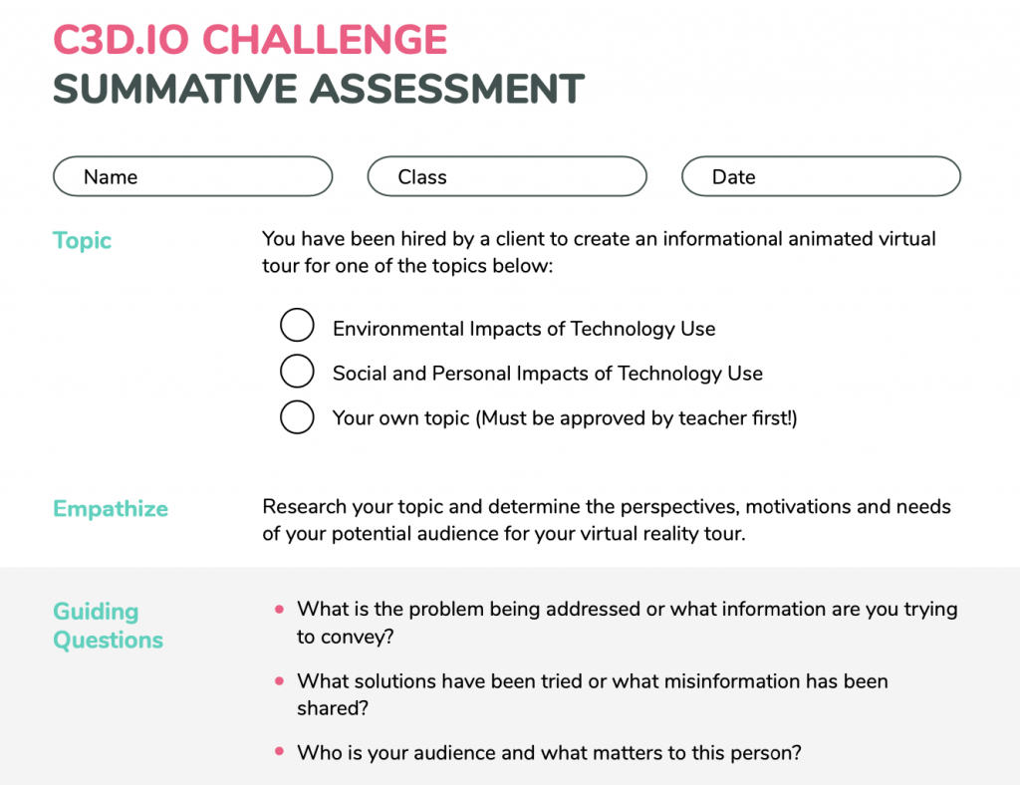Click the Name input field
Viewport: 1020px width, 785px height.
[192, 176]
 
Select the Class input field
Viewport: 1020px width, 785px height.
[507, 176]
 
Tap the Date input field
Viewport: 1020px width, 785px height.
[821, 176]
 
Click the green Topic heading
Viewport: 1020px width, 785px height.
[82, 241]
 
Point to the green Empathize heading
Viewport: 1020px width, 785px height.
[111, 509]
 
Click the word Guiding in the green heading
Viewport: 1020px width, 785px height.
[96, 612]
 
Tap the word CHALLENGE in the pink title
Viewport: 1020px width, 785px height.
[326, 39]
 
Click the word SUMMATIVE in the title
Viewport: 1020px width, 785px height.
[174, 89]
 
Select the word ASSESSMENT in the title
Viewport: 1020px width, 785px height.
[447, 89]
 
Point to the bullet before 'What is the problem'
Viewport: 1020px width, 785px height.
[279, 610]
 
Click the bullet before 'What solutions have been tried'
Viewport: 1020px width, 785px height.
[279, 681]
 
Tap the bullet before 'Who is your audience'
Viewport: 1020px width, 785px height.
[279, 751]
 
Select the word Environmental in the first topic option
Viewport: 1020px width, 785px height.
[398, 329]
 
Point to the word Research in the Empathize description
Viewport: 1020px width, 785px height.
[304, 506]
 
